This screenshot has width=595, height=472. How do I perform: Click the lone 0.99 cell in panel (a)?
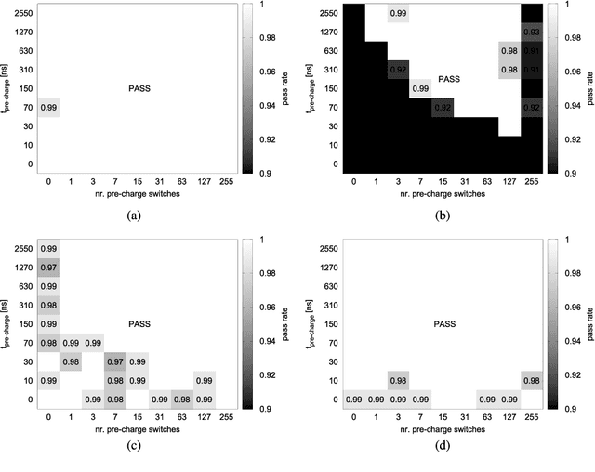(49, 109)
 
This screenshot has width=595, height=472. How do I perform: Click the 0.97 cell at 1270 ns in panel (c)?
(49, 268)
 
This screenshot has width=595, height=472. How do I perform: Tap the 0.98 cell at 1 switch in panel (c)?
(71, 361)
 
